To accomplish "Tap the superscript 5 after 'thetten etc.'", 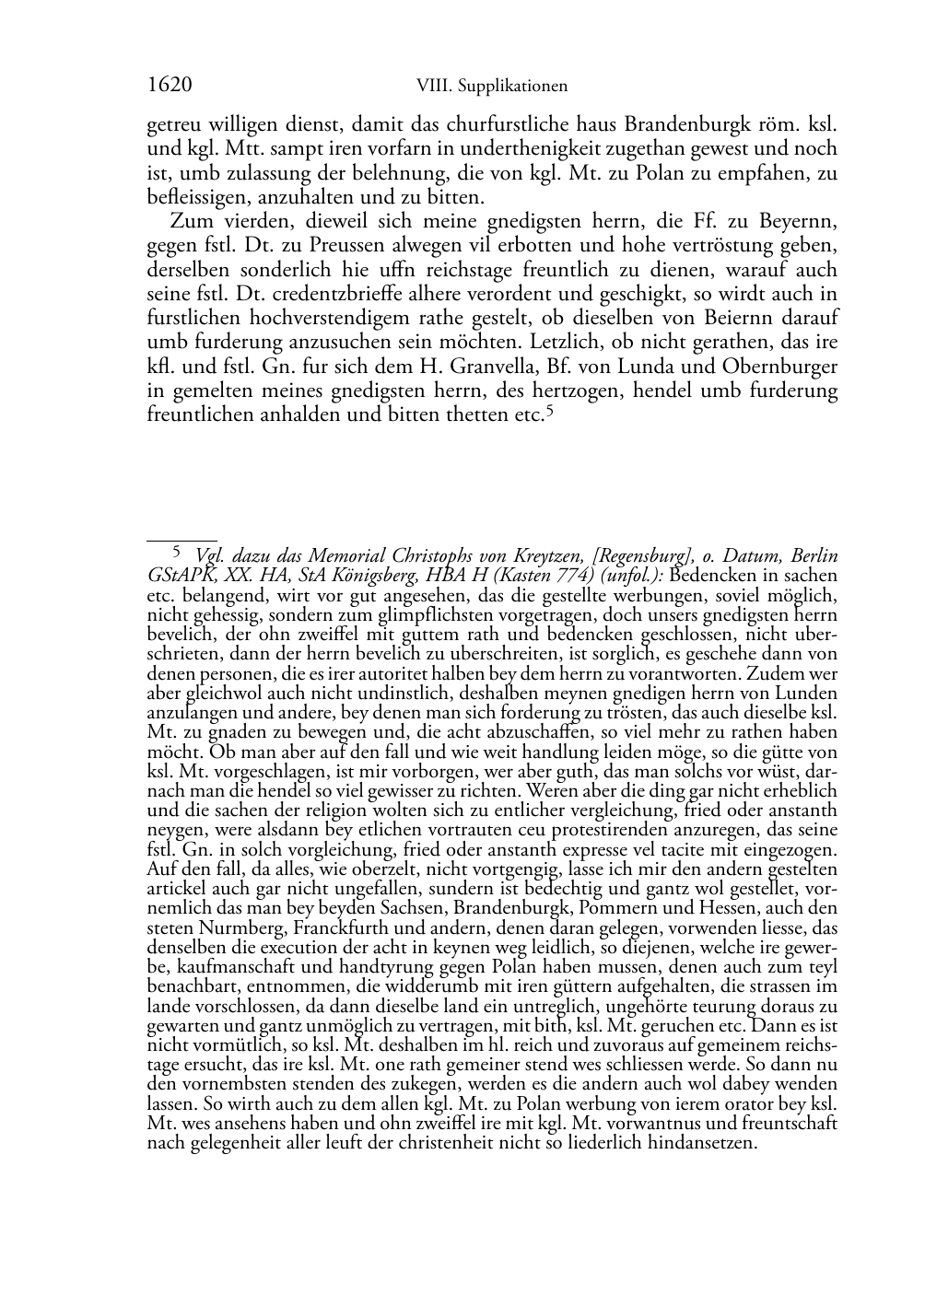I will point(549,412).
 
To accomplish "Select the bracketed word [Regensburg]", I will point(643,556).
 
